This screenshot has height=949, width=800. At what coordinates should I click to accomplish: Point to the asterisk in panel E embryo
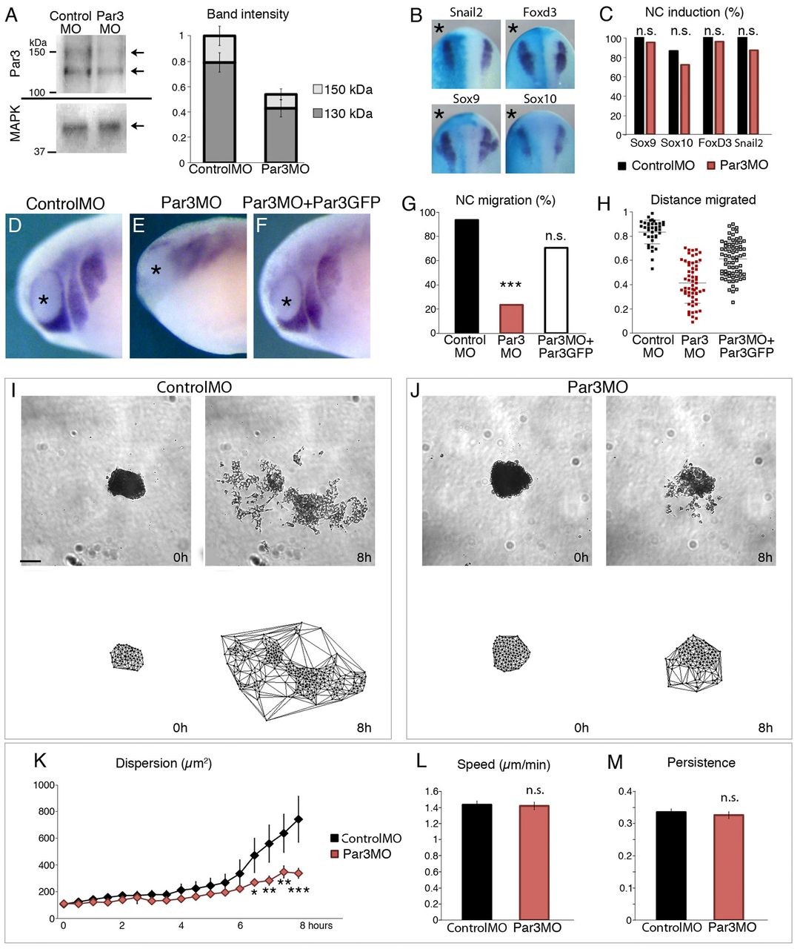coord(156,271)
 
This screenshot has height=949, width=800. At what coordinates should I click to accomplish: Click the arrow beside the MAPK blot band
coord(137,126)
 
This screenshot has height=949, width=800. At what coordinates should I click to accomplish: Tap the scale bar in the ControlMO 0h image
coord(30,561)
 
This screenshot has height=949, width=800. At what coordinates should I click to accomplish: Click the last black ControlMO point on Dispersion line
coord(299,819)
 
